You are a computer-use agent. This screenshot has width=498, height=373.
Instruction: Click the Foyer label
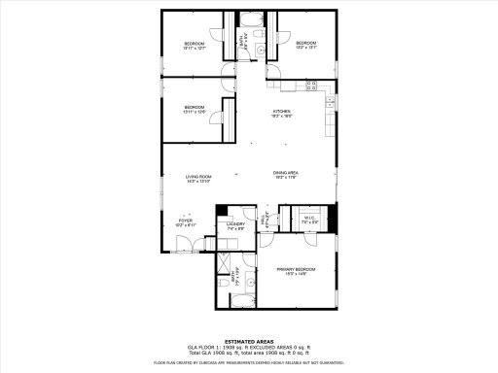(185, 222)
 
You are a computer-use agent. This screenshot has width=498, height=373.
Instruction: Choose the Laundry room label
(235, 226)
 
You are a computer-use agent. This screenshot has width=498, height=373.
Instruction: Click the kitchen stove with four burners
(314, 85)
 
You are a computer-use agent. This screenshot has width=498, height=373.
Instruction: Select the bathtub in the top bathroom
(251, 19)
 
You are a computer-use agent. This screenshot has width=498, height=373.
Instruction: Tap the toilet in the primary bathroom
(224, 283)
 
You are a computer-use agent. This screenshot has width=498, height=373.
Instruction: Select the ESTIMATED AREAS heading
(248, 341)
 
